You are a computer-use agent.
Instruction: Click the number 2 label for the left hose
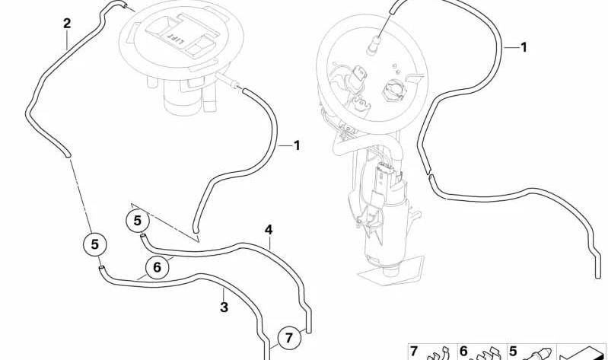(67, 24)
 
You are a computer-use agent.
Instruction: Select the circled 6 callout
(157, 267)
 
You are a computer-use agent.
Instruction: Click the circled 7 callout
(288, 337)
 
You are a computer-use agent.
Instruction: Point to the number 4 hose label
(269, 230)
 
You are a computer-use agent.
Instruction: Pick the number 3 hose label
(224, 307)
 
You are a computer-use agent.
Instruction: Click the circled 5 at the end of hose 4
(138, 221)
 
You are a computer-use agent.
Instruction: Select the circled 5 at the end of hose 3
(95, 244)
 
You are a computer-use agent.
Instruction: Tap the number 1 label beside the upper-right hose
(524, 47)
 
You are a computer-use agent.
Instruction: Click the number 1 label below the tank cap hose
(297, 146)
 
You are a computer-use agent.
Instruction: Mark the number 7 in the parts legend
(414, 352)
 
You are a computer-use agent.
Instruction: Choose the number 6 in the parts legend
(463, 352)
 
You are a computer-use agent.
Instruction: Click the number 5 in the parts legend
(513, 352)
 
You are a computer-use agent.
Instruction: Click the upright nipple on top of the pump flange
(375, 43)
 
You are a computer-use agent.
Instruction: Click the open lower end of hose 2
(68, 155)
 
